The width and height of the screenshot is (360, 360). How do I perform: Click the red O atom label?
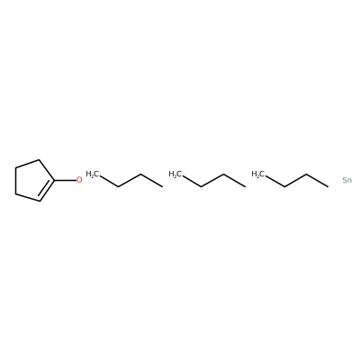click(79, 180)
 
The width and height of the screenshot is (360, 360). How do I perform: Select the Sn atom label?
click(347, 180)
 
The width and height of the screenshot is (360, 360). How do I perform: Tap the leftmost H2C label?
click(92, 174)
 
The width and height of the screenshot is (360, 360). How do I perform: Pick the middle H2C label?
click(175, 174)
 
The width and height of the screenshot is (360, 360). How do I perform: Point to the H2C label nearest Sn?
click(257, 174)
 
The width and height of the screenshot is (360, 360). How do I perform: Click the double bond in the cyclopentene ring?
click(46, 192)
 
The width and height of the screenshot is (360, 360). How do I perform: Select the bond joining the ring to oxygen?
click(65, 180)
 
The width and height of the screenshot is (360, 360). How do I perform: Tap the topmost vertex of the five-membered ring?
click(40, 159)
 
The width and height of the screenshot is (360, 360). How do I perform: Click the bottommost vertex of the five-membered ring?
click(40, 201)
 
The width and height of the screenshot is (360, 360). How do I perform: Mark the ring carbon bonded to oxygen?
click(55, 180)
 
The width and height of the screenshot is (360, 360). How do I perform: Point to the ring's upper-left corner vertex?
click(15, 167)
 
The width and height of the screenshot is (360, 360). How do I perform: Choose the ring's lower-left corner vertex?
click(15, 193)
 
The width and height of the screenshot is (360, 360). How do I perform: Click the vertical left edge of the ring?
click(15, 180)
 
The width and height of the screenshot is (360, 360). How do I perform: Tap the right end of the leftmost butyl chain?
click(163, 187)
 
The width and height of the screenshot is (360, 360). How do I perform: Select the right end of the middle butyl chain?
click(246, 187)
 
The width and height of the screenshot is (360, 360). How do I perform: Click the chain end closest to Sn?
click(328, 187)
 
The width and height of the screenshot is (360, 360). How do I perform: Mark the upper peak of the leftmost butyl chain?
click(140, 174)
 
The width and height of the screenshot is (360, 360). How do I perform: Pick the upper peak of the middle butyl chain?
click(223, 174)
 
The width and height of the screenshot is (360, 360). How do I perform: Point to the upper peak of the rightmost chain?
click(306, 174)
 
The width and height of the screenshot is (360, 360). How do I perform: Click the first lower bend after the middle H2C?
click(201, 187)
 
